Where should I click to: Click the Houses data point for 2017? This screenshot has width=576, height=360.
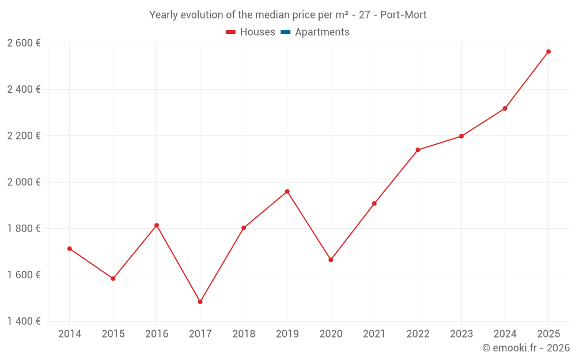pyautogui.click(x=200, y=302)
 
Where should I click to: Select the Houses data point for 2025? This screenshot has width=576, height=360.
pyautogui.click(x=548, y=51)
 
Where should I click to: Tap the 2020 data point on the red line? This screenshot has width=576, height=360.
pyautogui.click(x=331, y=260)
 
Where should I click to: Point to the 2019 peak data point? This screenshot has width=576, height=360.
pyautogui.click(x=287, y=191)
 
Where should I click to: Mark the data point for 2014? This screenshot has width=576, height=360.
pyautogui.click(x=70, y=249)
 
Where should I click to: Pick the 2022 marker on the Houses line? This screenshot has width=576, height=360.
pyautogui.click(x=418, y=150)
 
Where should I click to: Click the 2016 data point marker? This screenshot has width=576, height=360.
pyautogui.click(x=157, y=225)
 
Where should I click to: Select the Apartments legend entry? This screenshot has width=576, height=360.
pyautogui.click(x=322, y=32)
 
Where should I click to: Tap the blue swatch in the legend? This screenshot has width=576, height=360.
pyautogui.click(x=285, y=32)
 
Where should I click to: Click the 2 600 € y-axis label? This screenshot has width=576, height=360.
pyautogui.click(x=24, y=43)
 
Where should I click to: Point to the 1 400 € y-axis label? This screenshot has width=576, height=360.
pyautogui.click(x=24, y=321)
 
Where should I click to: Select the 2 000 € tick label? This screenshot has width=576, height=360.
pyautogui.click(x=24, y=182)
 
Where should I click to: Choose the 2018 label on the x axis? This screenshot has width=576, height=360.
pyautogui.click(x=244, y=334)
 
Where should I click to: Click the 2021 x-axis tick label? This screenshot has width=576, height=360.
pyautogui.click(x=374, y=334)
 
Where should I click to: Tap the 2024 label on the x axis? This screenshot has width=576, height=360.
pyautogui.click(x=505, y=334)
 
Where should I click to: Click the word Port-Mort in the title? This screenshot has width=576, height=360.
pyautogui.click(x=403, y=15)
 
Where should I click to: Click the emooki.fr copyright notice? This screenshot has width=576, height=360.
pyautogui.click(x=525, y=348)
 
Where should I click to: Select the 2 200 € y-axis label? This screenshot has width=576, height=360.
pyautogui.click(x=24, y=136)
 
